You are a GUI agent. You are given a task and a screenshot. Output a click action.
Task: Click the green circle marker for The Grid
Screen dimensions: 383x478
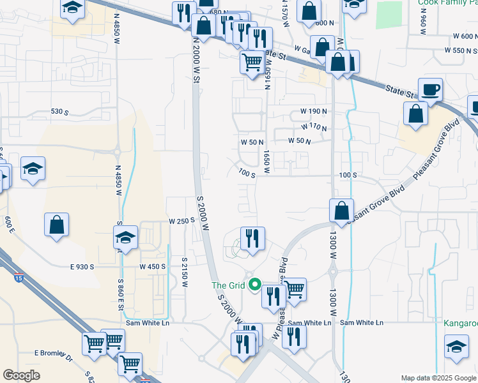pos(255,285)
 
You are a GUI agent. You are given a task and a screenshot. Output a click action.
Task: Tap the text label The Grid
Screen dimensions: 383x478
pos(228,285)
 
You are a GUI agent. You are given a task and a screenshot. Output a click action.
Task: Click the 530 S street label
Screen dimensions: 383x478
pos(59,112)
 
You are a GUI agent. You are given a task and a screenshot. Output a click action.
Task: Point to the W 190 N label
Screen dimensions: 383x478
pos(314,112)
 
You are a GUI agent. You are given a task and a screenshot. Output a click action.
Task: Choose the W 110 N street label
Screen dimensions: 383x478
pos(314,128)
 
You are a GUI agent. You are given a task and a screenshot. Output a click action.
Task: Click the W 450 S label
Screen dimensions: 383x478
pos(153,266)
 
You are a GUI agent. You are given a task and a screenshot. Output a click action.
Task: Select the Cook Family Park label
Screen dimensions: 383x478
pos(448,3)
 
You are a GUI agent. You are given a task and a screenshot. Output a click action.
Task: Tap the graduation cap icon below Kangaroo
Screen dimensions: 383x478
pos(456,347)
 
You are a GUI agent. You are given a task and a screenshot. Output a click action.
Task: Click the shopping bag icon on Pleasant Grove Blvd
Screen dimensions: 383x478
pos(342,209)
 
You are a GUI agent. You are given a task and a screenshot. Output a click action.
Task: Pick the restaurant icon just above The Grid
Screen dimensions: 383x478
pos(252,238)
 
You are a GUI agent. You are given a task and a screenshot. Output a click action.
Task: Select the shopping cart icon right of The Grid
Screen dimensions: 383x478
pos(294,289)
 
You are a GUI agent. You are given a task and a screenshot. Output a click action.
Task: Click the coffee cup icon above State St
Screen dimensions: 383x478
pos(430,89)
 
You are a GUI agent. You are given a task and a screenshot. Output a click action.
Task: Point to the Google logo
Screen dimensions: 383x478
pos(22,375)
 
